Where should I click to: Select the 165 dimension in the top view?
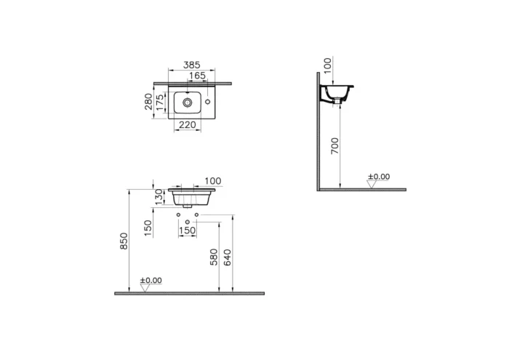coord(197,75)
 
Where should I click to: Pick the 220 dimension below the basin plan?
coord(188,125)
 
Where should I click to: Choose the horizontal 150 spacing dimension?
coord(188,231)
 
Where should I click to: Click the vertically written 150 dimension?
coord(148,227)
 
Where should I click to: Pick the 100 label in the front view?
coord(212,181)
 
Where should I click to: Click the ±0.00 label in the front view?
coord(151,281)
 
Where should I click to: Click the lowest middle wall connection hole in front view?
coord(188,221)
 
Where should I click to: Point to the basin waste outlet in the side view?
coord(336,107)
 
